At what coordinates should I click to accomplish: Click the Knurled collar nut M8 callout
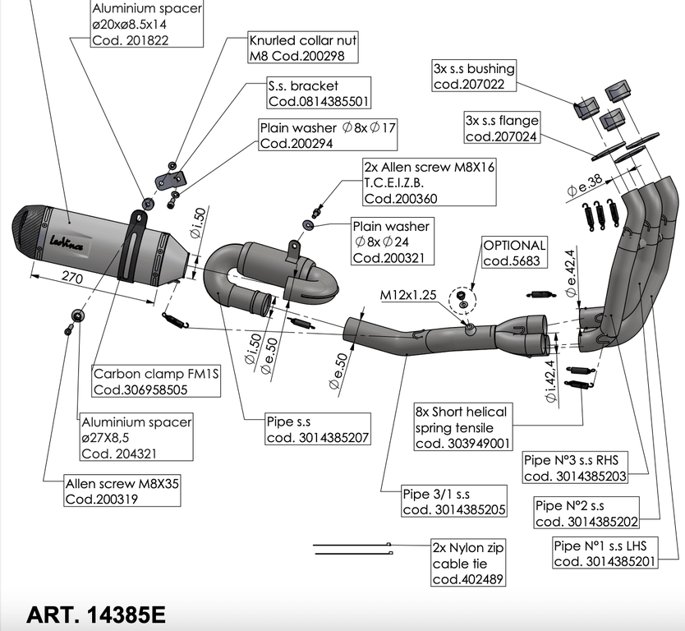(x=303, y=48)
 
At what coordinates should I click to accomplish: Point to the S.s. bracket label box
(x=317, y=94)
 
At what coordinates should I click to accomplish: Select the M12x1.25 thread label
(x=407, y=294)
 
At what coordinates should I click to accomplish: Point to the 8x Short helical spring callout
(x=462, y=427)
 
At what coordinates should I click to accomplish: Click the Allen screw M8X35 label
(x=122, y=491)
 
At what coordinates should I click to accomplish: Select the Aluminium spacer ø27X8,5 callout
(x=135, y=437)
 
